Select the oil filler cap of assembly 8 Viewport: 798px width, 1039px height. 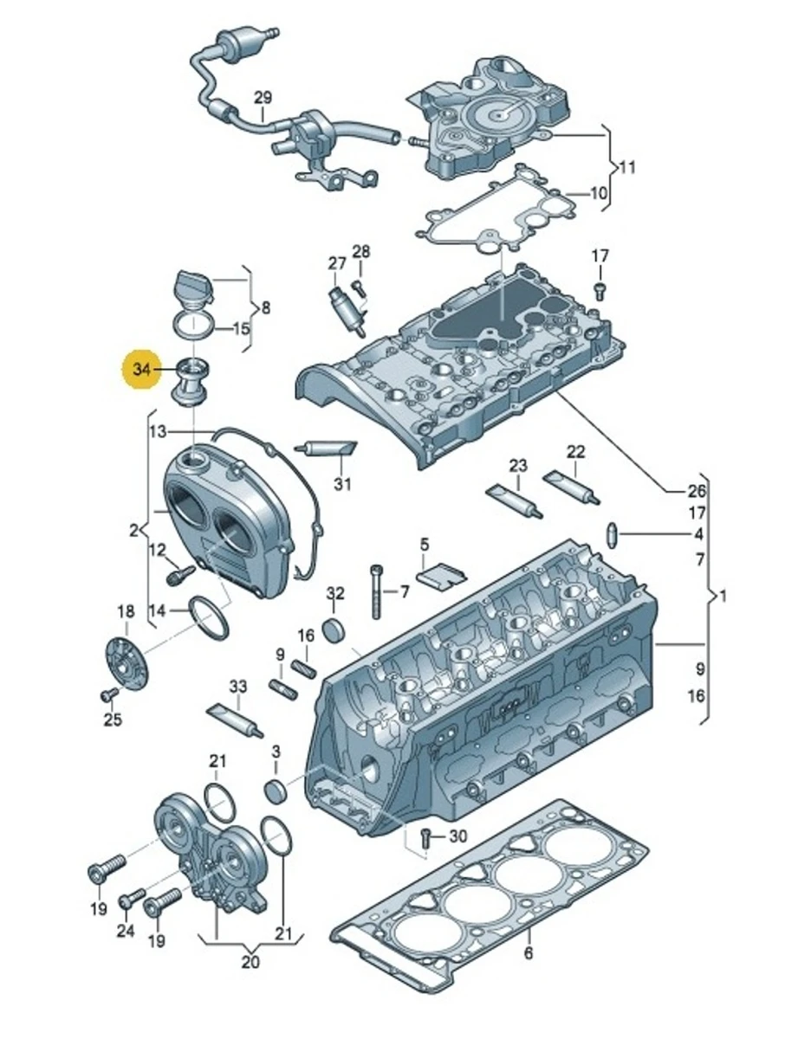pyautogui.click(x=193, y=286)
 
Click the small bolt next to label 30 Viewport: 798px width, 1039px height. pyautogui.click(x=425, y=836)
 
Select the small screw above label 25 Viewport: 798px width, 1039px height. pyautogui.click(x=110, y=694)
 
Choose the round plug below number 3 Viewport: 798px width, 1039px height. pyautogui.click(x=276, y=791)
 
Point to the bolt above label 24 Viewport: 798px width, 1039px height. pyautogui.click(x=132, y=900)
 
